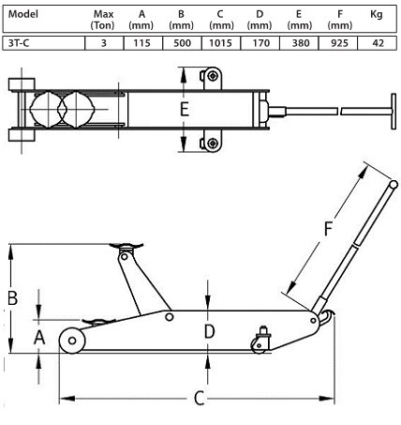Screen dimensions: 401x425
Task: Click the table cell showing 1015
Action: pos(220,43)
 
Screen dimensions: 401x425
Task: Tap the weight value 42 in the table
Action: pos(378,43)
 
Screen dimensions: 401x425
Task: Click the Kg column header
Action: pos(377,14)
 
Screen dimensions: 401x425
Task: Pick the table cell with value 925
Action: pos(339,43)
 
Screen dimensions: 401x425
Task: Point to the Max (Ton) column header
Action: pos(103,20)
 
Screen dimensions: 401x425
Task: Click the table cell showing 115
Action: pos(142,43)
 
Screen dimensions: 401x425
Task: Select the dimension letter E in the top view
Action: pos(185,109)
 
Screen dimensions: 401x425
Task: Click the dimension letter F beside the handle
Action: pos(328,229)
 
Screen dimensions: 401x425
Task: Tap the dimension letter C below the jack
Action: pos(200,398)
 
